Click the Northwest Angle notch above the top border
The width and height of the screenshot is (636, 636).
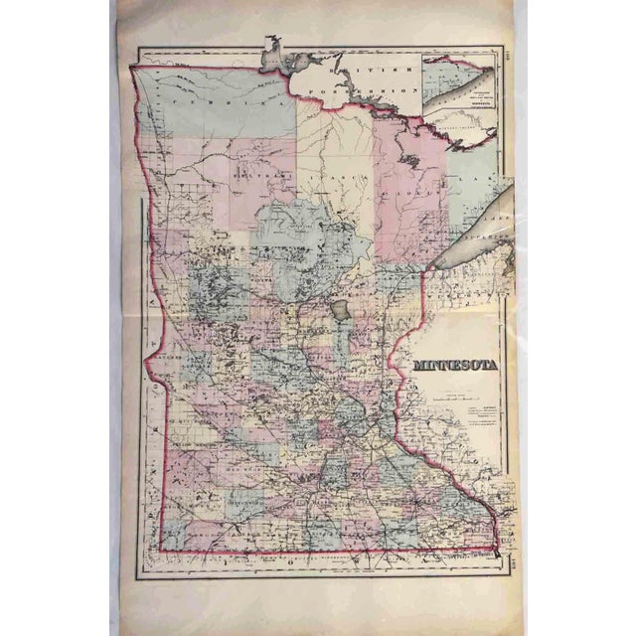coord(271,46)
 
